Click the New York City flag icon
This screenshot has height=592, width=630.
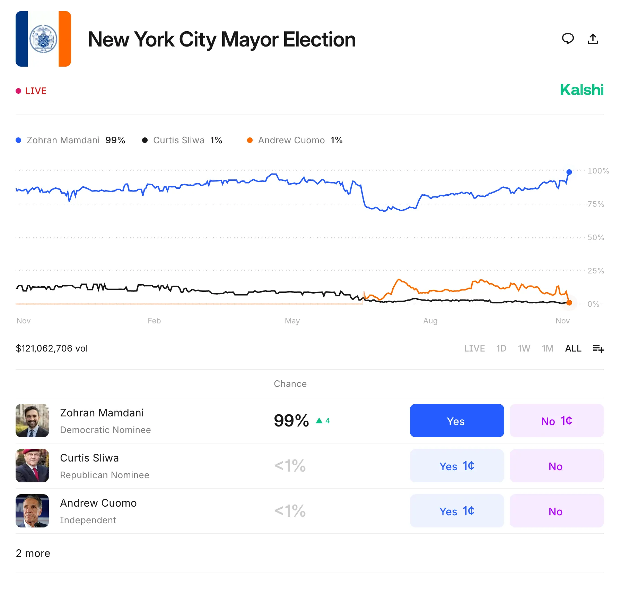click(x=43, y=39)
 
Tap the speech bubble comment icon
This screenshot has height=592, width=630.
click(x=568, y=39)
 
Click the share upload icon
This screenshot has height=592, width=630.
click(x=593, y=39)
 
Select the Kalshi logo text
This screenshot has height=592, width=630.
click(x=581, y=90)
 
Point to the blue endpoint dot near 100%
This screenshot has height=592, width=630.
click(x=569, y=172)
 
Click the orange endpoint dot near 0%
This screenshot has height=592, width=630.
click(x=569, y=303)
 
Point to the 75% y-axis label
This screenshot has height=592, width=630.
click(x=596, y=204)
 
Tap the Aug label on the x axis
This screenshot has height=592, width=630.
click(x=430, y=321)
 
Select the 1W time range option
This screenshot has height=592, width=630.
click(x=524, y=348)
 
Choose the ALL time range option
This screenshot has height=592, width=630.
click(x=573, y=348)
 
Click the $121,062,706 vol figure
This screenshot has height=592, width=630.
click(x=52, y=348)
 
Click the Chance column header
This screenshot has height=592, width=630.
click(x=290, y=384)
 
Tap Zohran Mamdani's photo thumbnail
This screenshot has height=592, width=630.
click(x=32, y=421)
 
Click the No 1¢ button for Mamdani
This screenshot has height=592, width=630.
click(x=557, y=421)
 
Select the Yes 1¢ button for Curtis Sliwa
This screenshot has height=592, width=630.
click(x=457, y=466)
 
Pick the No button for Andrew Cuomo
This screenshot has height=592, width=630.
click(x=557, y=511)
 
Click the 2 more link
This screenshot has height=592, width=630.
click(x=33, y=553)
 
